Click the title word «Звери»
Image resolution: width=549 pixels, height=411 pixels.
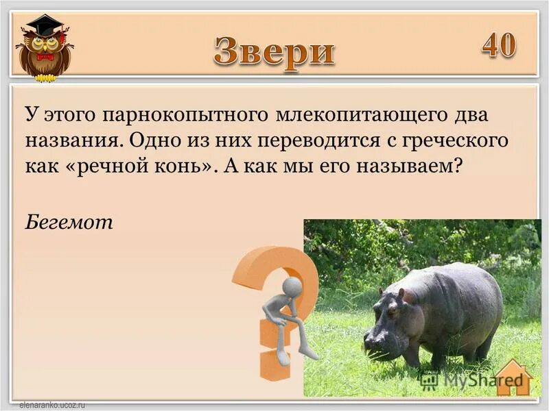[x=274, y=51]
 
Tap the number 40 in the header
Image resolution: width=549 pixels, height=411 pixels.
[x=499, y=45]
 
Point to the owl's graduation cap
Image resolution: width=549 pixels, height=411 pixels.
[x=43, y=26]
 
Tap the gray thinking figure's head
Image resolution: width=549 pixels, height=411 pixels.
[x=292, y=286]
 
